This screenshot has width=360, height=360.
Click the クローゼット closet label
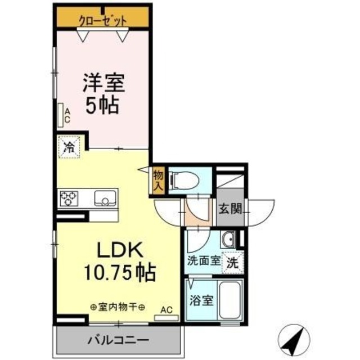click(102, 20)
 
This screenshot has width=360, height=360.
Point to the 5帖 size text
click(102, 106)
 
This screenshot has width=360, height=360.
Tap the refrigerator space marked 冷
click(69, 148)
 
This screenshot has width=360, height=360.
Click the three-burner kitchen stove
click(69, 198)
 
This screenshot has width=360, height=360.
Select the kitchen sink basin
click(105, 198)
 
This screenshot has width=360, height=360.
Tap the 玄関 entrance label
click(230, 209)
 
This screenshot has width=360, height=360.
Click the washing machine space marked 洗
click(231, 262)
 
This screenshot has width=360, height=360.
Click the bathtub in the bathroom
click(230, 300)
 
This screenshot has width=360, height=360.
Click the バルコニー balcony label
click(118, 340)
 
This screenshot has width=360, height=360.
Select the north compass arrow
click(295, 339)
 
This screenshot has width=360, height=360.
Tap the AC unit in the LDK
click(166, 317)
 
